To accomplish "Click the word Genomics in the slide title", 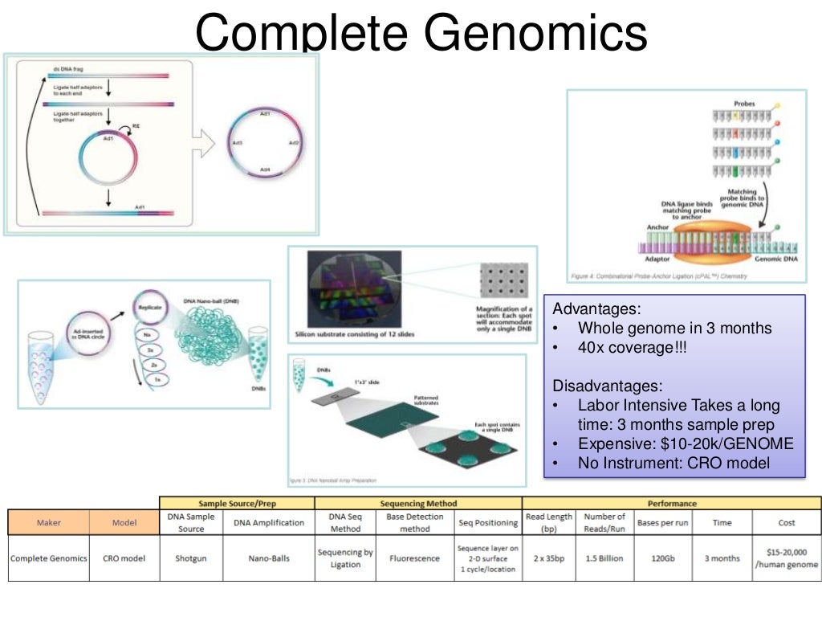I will (x=535, y=33).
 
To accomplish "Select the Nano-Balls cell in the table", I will (x=269, y=558).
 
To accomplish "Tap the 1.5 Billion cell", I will (x=604, y=558).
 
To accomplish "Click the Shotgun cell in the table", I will (x=191, y=558).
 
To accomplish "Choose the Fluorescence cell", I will (x=414, y=558).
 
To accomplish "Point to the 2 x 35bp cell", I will (x=548, y=558).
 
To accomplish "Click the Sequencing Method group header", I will (x=418, y=504).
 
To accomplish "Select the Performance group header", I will (x=672, y=504).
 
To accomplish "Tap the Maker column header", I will (x=49, y=523).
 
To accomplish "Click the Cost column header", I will (x=787, y=523).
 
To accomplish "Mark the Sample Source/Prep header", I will (x=237, y=504).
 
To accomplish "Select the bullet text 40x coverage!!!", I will (x=632, y=348).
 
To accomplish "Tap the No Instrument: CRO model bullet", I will (x=673, y=463).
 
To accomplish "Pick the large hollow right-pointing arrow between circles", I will (x=205, y=144).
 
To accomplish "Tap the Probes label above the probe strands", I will (x=745, y=104).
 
